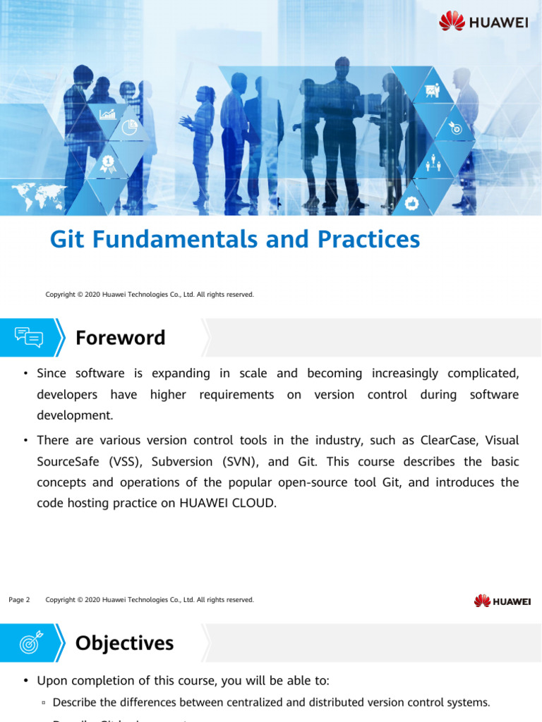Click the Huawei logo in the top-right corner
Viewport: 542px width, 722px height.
tap(483, 22)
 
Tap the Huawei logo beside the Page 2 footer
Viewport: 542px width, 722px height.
tap(502, 601)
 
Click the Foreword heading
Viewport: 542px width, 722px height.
tap(120, 338)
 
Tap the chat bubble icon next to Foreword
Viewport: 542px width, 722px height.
tap(29, 338)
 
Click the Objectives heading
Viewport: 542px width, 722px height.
tap(124, 643)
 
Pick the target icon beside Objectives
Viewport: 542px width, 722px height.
tap(30, 643)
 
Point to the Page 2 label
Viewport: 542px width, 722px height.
tap(19, 600)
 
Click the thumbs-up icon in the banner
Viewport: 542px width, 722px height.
tap(413, 202)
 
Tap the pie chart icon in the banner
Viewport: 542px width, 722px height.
tap(129, 127)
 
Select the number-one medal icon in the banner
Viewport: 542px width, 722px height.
tap(108, 164)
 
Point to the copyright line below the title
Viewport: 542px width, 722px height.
tap(150, 294)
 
